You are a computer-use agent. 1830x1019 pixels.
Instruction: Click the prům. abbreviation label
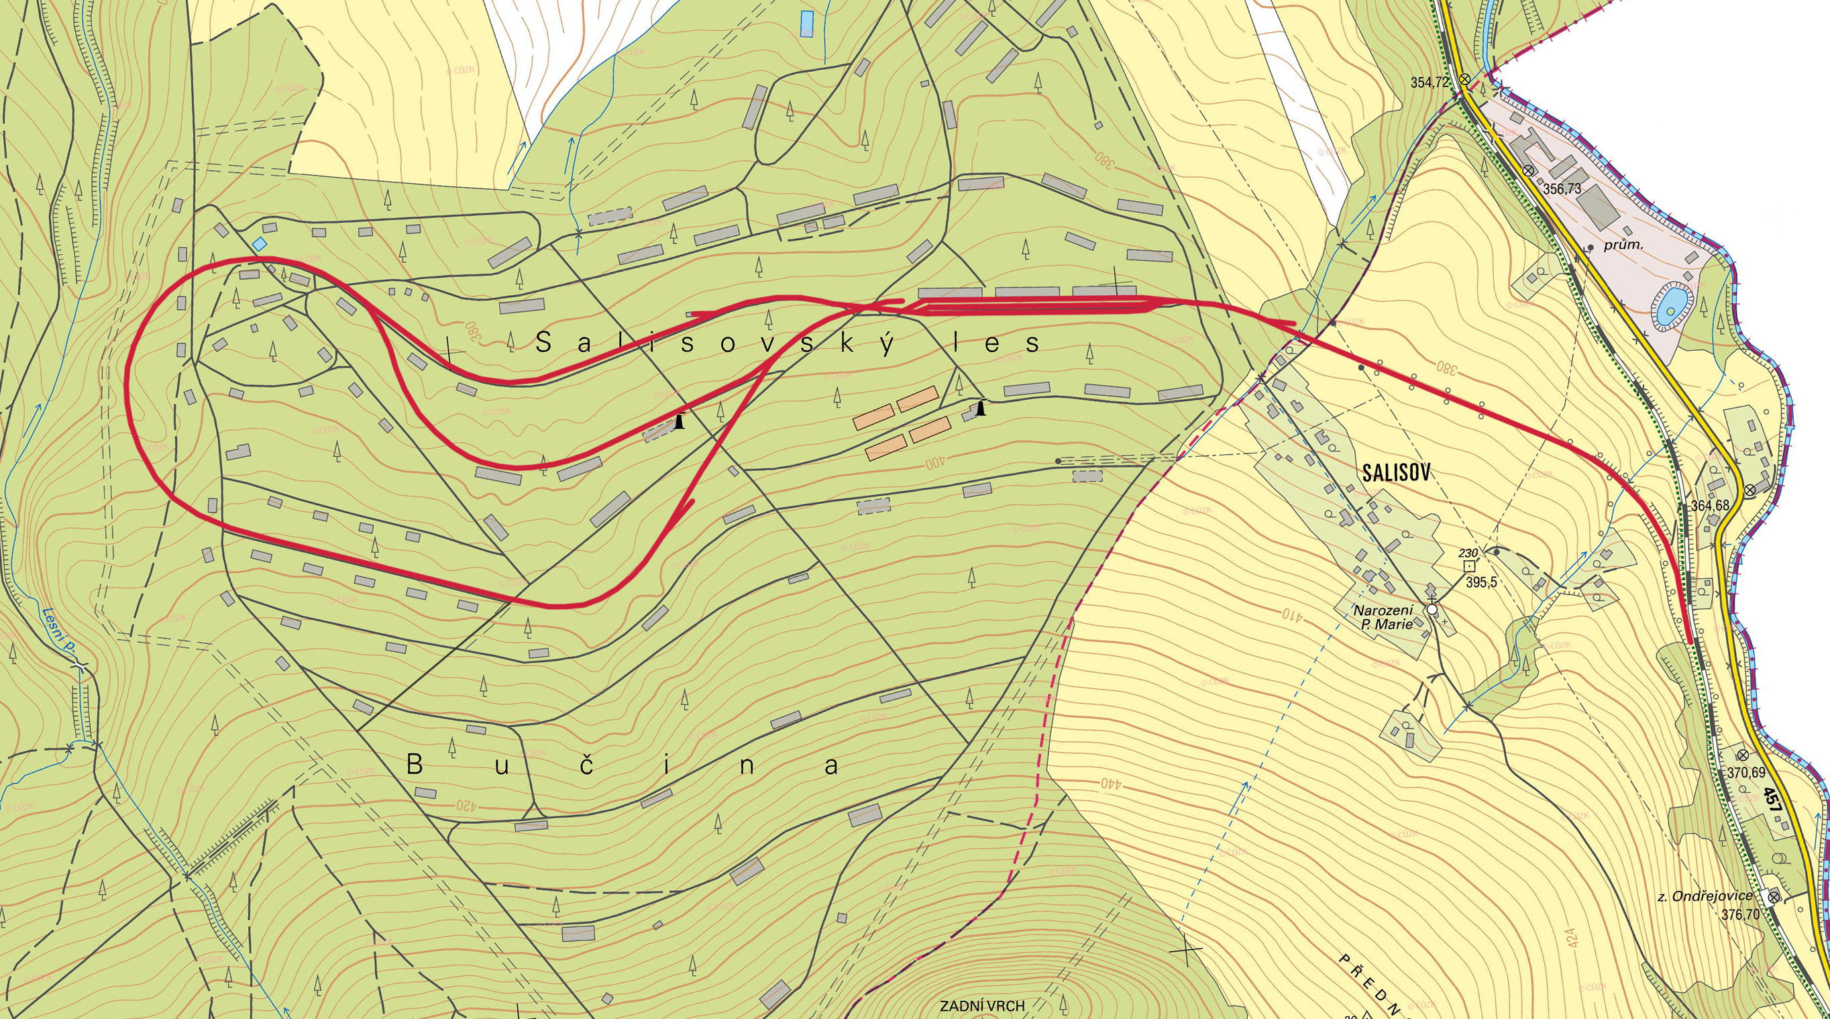tap(1615, 267)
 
